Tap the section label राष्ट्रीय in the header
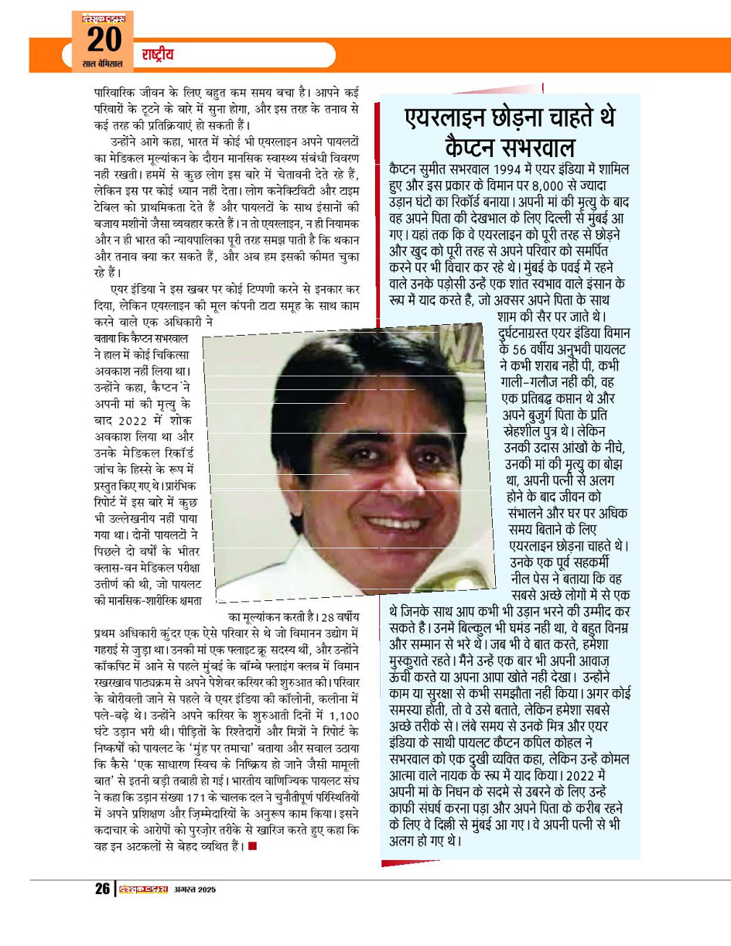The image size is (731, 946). [157, 55]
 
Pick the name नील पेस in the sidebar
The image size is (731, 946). [538, 577]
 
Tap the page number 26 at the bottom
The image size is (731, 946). [103, 889]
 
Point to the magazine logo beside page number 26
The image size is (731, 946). [142, 889]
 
